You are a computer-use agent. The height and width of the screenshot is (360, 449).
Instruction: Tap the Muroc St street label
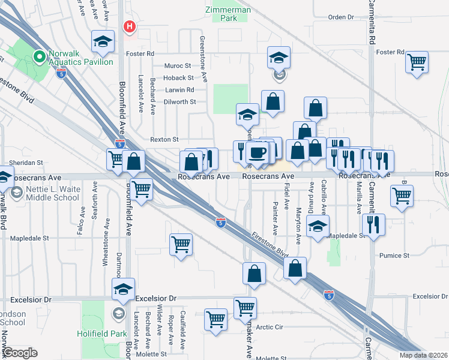(179, 65)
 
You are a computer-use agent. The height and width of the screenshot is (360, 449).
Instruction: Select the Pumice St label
(394, 255)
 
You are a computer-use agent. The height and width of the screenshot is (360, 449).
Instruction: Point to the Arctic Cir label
(270, 327)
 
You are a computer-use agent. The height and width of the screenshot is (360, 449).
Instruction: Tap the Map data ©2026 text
(423, 355)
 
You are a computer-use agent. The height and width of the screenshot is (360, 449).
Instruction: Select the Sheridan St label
(27, 162)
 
